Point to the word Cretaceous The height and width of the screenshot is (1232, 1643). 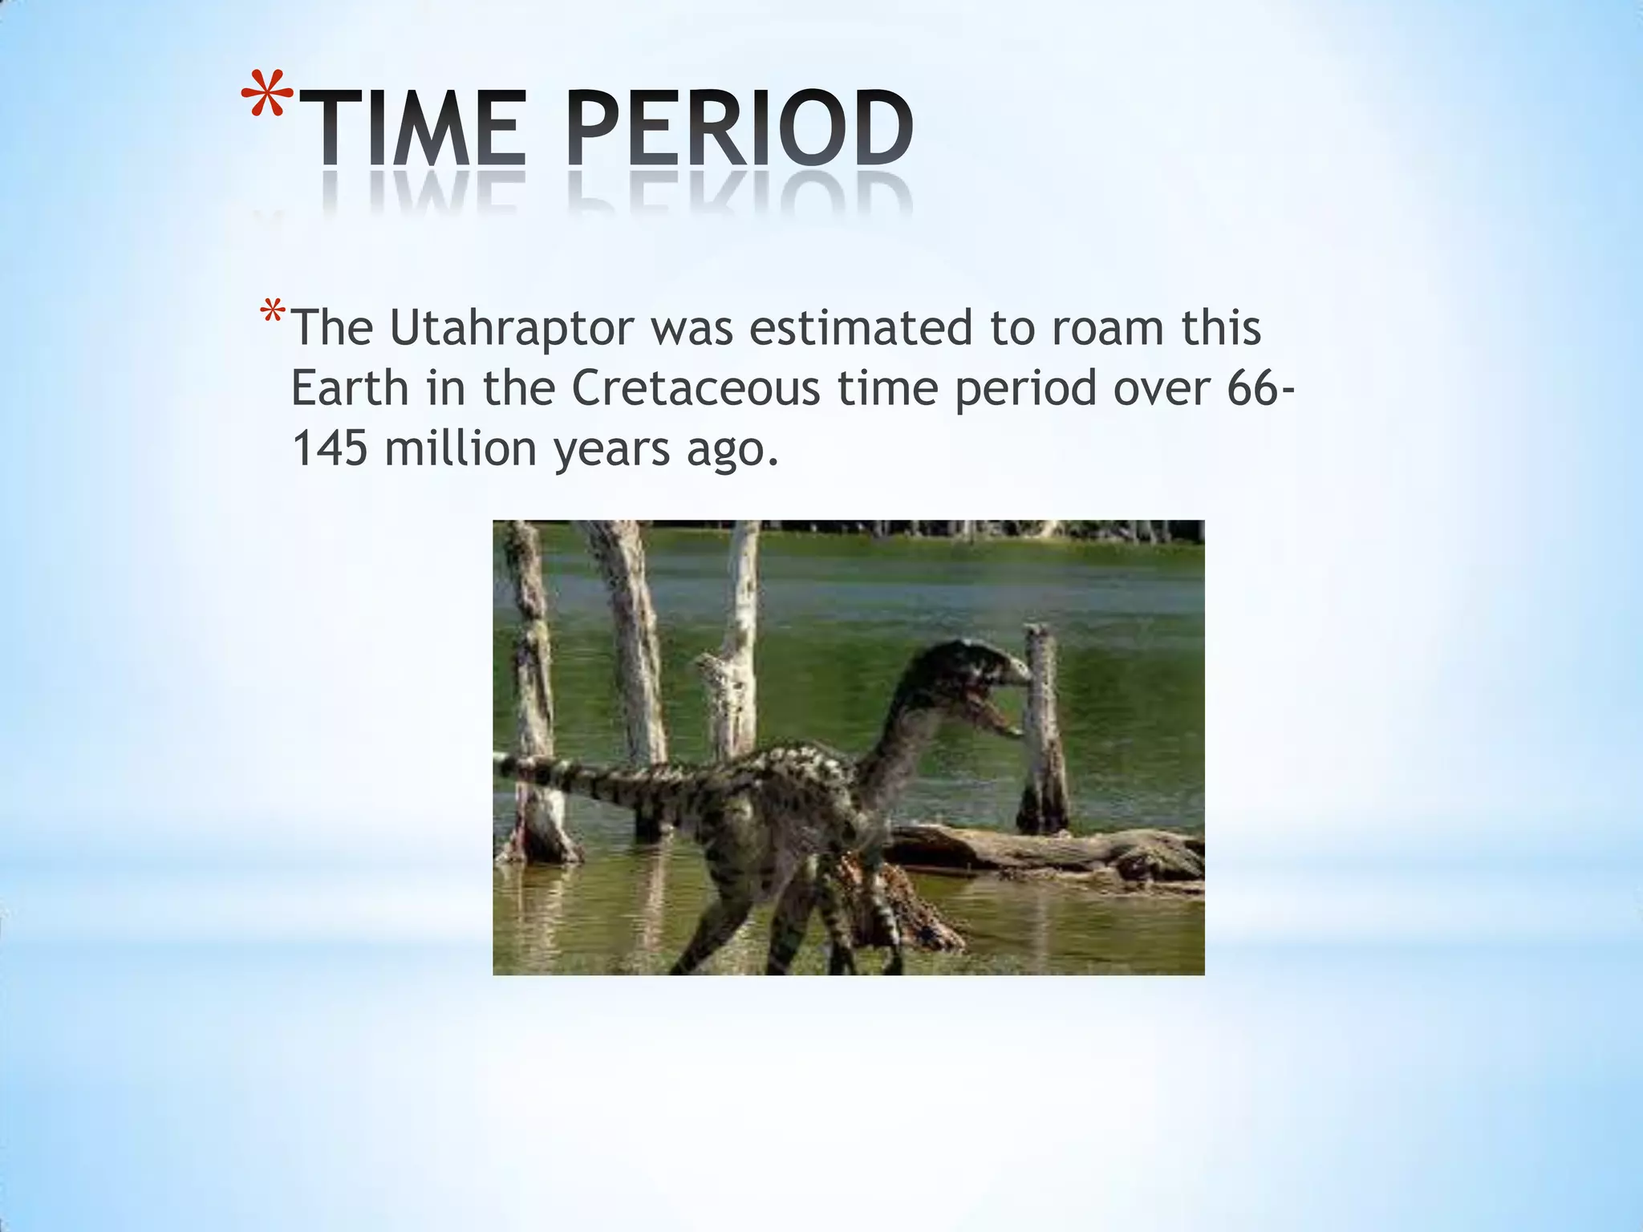tap(696, 388)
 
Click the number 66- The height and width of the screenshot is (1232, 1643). tap(1260, 388)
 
